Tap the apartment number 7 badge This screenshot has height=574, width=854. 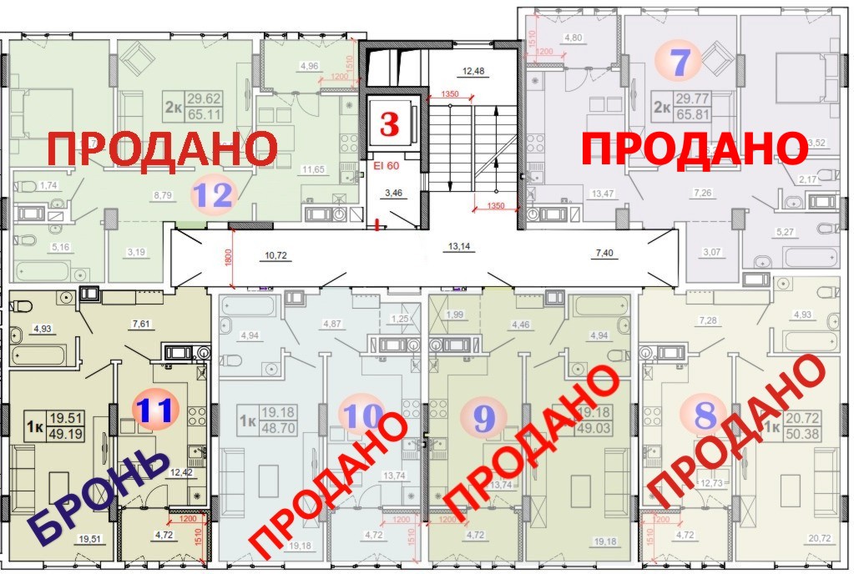680,62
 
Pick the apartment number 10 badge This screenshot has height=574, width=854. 362,414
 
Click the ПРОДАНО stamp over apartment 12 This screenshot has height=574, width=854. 161,149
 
